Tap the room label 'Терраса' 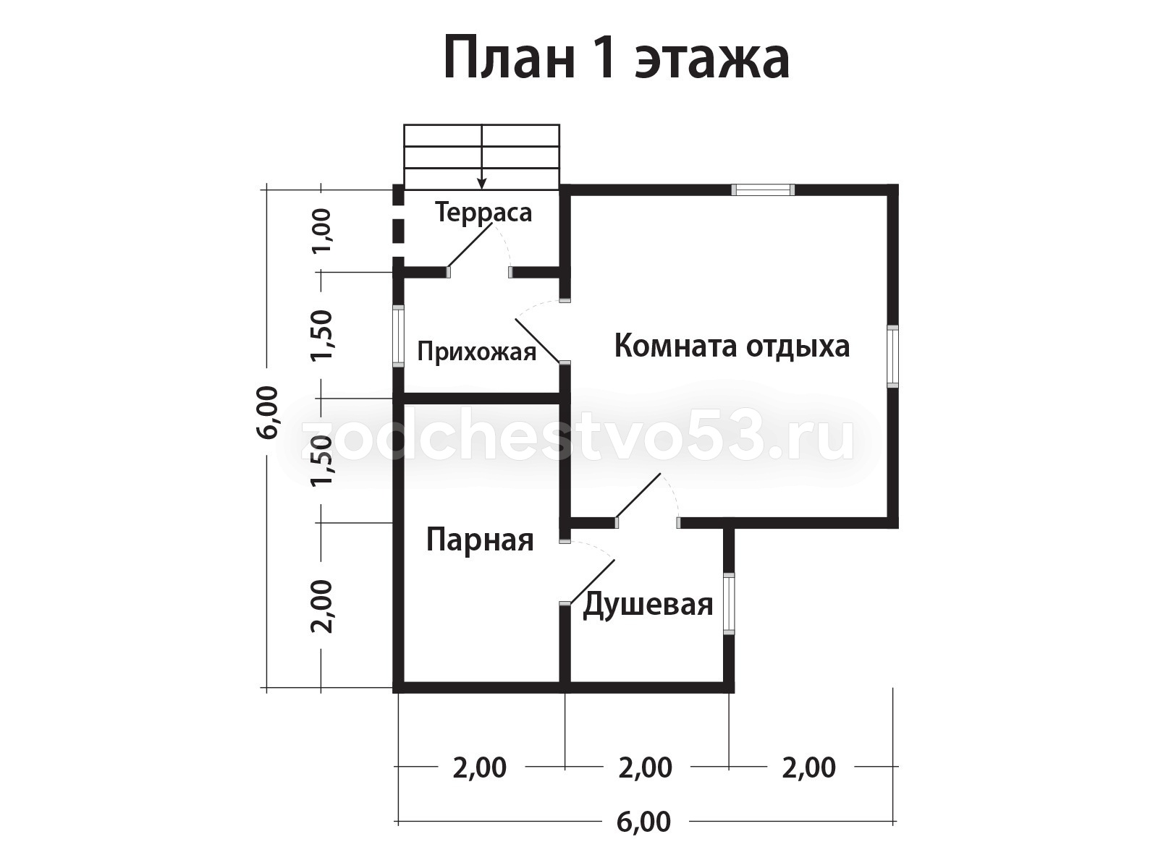coord(483,213)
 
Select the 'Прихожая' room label coord(476,352)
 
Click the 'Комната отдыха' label coord(732,347)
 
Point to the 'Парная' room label coord(480,541)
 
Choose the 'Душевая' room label coord(647,605)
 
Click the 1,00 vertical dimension coord(322,230)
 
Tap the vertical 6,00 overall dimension coord(268,412)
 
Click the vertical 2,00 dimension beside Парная coord(322,607)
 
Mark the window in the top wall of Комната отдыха coord(763,190)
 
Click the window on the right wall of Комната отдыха coord(892,357)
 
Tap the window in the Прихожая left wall coord(398,336)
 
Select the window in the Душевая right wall coord(729,604)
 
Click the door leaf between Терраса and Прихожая coord(470,246)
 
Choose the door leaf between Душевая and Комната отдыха coord(638,496)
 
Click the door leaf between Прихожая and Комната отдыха coord(537,341)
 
